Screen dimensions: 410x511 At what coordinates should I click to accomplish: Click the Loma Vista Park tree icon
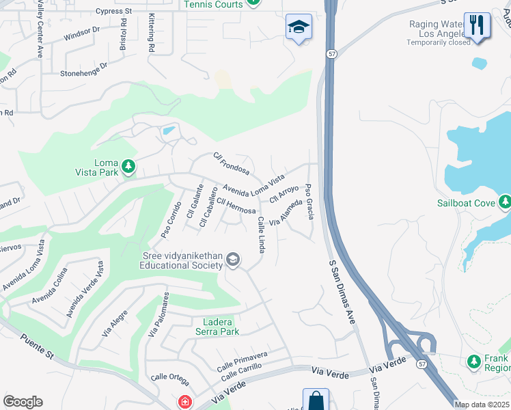pos(128,166)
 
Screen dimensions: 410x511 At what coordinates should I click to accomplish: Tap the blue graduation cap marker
pos(299,27)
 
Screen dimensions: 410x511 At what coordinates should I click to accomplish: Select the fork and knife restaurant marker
pos(477,25)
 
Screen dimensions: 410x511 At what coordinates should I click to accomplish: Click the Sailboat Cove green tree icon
pos(505,202)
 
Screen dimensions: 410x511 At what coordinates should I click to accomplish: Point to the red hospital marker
pos(184,402)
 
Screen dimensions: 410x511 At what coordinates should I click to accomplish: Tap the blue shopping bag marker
pos(316,400)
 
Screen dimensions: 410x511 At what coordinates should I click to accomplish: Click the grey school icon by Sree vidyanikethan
pos(233,260)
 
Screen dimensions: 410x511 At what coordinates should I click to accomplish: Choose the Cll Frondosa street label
pos(231,163)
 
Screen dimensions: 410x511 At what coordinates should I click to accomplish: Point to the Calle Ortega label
pos(169,377)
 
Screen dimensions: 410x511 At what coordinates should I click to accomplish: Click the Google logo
pos(23,402)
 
